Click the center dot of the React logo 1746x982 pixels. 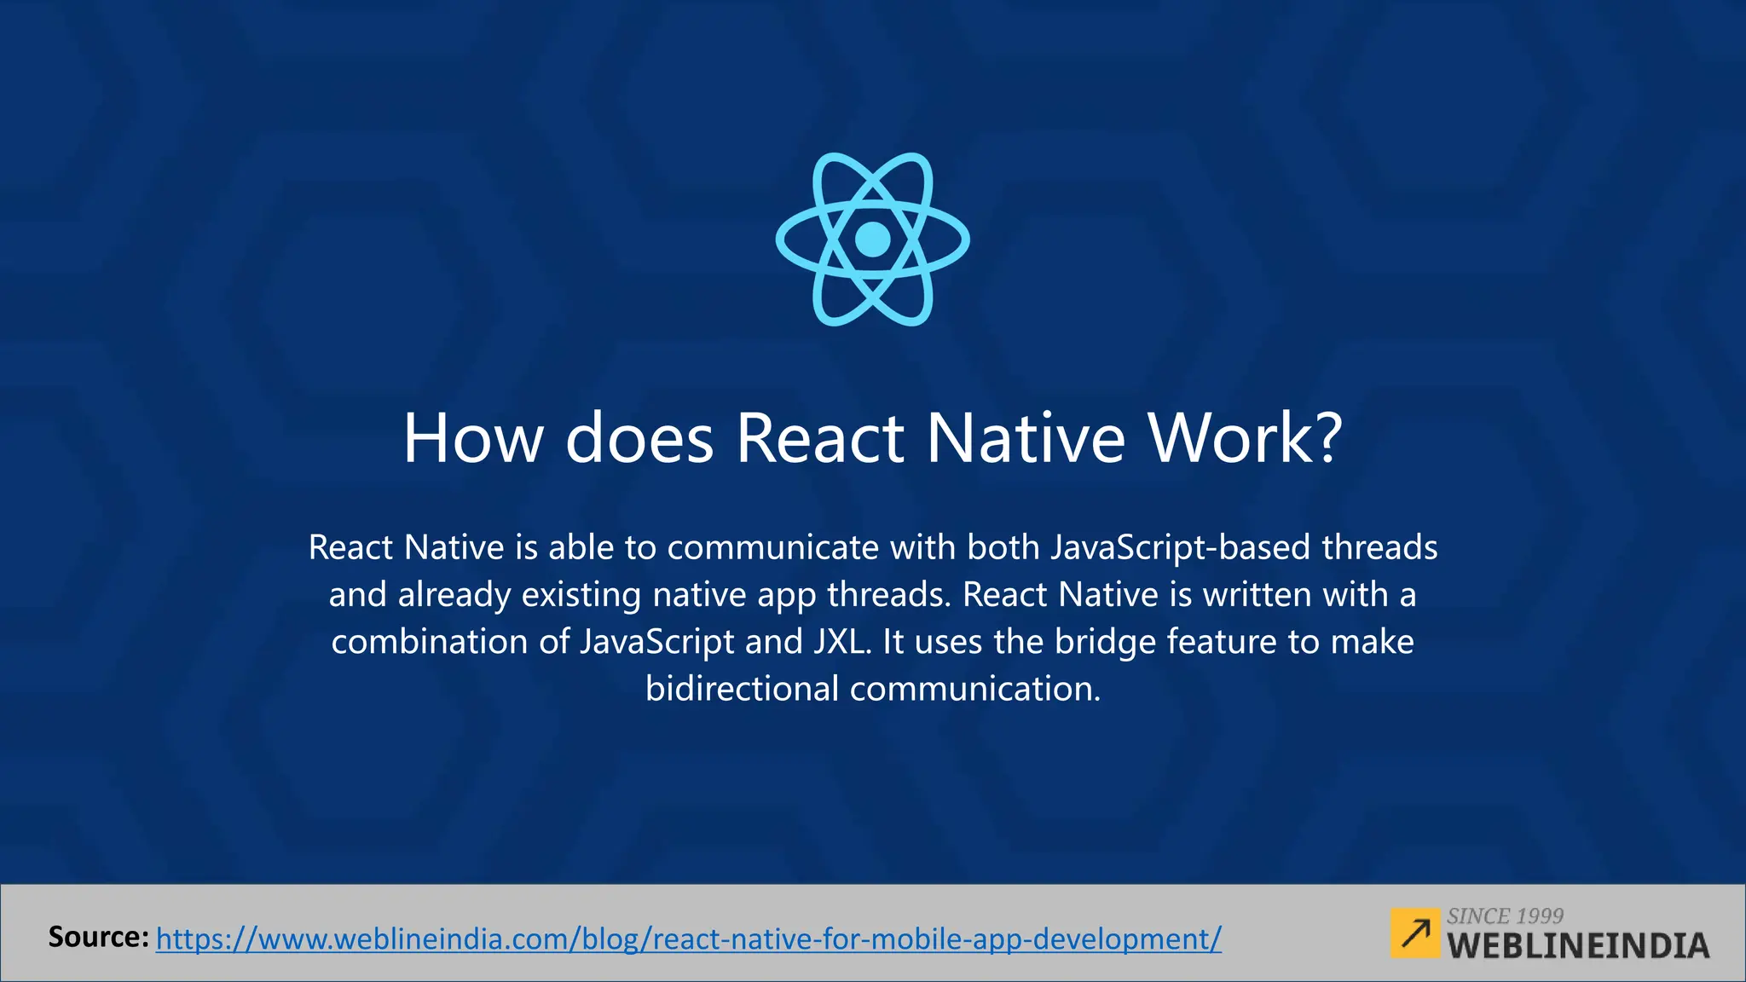[872, 240]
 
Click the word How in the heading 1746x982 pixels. [472, 438]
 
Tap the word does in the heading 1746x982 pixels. [639, 438]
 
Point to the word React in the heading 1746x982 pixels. [819, 438]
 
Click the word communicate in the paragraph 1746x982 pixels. [772, 547]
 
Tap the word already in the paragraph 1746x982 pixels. [454, 594]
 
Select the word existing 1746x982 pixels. [581, 594]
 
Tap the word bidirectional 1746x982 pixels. [742, 688]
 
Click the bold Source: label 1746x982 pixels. [99, 937]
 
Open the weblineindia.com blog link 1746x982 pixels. [689, 939]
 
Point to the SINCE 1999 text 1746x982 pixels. [1505, 916]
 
